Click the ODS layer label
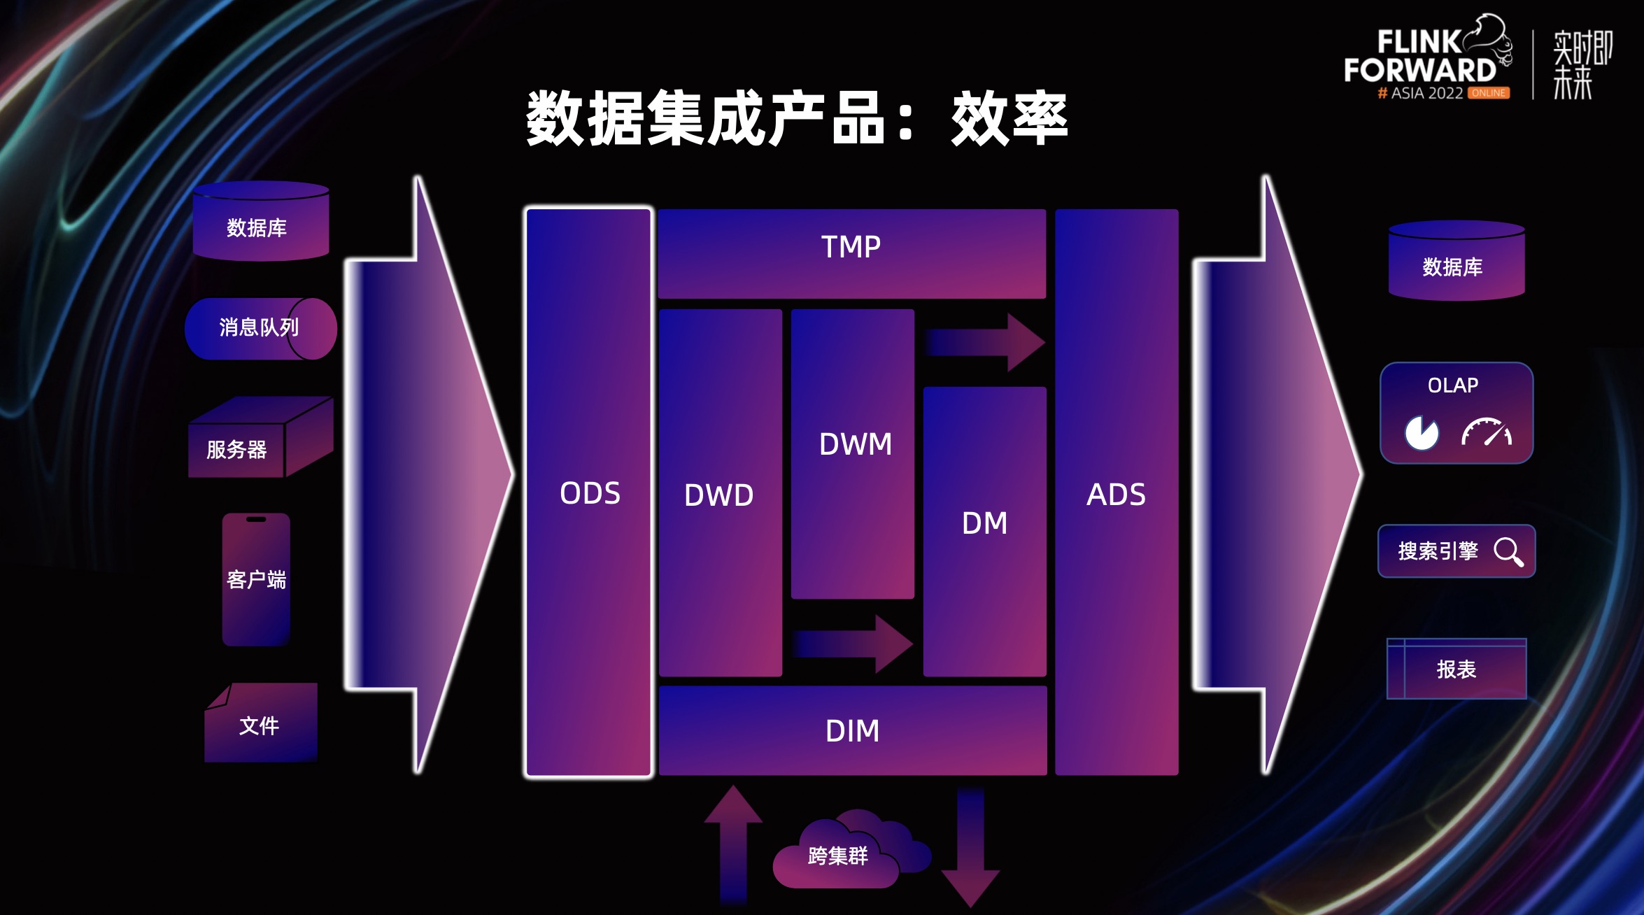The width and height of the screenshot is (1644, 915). click(x=590, y=493)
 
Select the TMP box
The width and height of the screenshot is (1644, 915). click(x=851, y=253)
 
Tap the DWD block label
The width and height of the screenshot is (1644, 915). click(x=719, y=495)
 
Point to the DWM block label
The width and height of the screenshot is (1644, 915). click(x=855, y=444)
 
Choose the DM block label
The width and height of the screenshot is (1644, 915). click(x=984, y=523)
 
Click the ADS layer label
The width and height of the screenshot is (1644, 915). click(x=1116, y=495)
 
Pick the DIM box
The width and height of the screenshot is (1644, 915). click(x=852, y=731)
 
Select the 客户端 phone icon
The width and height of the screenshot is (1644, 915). click(x=256, y=579)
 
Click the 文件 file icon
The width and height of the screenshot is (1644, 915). click(x=260, y=725)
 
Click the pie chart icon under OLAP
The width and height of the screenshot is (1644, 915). click(x=1422, y=433)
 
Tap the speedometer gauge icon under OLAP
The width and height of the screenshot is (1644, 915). click(x=1486, y=432)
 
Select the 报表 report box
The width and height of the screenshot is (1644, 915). click(x=1457, y=669)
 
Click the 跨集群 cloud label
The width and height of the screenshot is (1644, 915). click(x=837, y=856)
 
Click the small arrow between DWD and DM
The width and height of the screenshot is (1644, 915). click(x=853, y=644)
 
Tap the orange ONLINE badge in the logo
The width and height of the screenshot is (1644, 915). click(x=1488, y=93)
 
